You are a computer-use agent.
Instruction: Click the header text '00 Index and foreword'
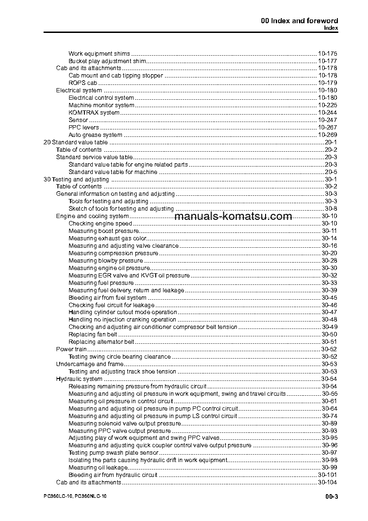click(x=299, y=21)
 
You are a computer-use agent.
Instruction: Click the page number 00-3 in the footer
click(x=331, y=498)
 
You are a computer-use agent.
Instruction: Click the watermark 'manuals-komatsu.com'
click(x=234, y=216)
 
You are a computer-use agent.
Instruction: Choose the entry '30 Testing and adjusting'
click(x=76, y=180)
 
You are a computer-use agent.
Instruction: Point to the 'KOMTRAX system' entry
click(x=94, y=113)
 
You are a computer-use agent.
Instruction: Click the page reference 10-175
click(x=327, y=54)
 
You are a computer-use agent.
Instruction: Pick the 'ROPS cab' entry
click(x=83, y=83)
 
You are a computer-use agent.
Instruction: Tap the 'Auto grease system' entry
click(x=95, y=135)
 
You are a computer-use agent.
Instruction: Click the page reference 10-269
click(x=327, y=135)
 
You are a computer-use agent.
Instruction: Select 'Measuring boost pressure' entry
click(x=103, y=231)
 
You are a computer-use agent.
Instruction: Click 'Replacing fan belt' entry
click(x=93, y=334)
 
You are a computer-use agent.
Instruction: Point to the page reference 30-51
click(x=329, y=342)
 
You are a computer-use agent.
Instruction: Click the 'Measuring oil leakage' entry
click(x=94, y=468)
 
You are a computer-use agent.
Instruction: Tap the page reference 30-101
click(x=327, y=475)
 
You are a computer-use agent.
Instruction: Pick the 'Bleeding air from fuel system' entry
click(x=108, y=298)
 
